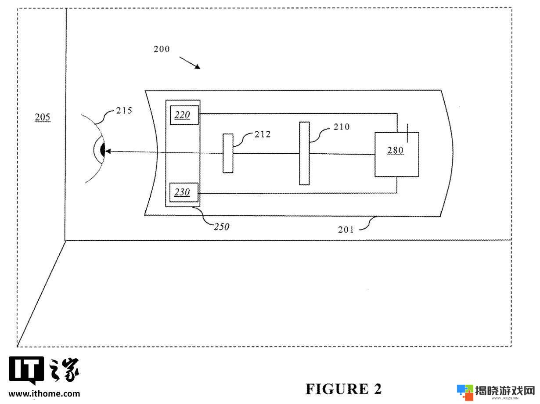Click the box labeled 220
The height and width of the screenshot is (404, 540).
pyautogui.click(x=184, y=115)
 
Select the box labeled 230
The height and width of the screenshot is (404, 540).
pyautogui.click(x=184, y=192)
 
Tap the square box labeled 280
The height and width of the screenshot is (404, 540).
pyautogui.click(x=396, y=155)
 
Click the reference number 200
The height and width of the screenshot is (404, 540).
pyautogui.click(x=162, y=49)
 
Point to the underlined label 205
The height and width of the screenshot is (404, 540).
pyautogui.click(x=43, y=117)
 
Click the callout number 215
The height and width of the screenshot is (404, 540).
pyautogui.click(x=124, y=111)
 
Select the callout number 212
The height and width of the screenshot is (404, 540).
pyautogui.click(x=262, y=134)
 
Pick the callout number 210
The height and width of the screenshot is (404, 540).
pyautogui.click(x=342, y=127)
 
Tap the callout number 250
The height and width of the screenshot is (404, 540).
pyautogui.click(x=221, y=227)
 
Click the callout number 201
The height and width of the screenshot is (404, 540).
pyautogui.click(x=346, y=230)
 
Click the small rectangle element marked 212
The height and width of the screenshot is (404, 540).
pyautogui.click(x=228, y=153)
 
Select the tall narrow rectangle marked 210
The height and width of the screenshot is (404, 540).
pyautogui.click(x=304, y=153)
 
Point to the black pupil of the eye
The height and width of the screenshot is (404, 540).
pyautogui.click(x=103, y=149)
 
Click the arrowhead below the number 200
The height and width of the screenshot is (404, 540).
pyautogui.click(x=198, y=66)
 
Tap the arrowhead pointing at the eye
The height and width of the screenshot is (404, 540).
pyautogui.click(x=108, y=151)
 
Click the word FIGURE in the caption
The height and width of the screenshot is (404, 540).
pyautogui.click(x=337, y=389)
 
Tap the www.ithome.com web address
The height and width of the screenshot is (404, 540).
pyautogui.click(x=44, y=394)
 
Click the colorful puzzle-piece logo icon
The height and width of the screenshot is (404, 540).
pyautogui.click(x=465, y=392)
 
